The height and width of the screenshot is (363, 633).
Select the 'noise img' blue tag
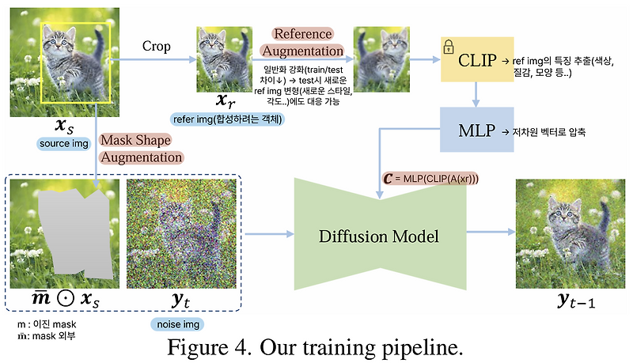[x=176, y=324]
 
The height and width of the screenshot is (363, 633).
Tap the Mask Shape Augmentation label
[x=142, y=148]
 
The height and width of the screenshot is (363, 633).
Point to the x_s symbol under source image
[x=62, y=126]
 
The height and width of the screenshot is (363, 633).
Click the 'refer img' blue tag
[x=229, y=120]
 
